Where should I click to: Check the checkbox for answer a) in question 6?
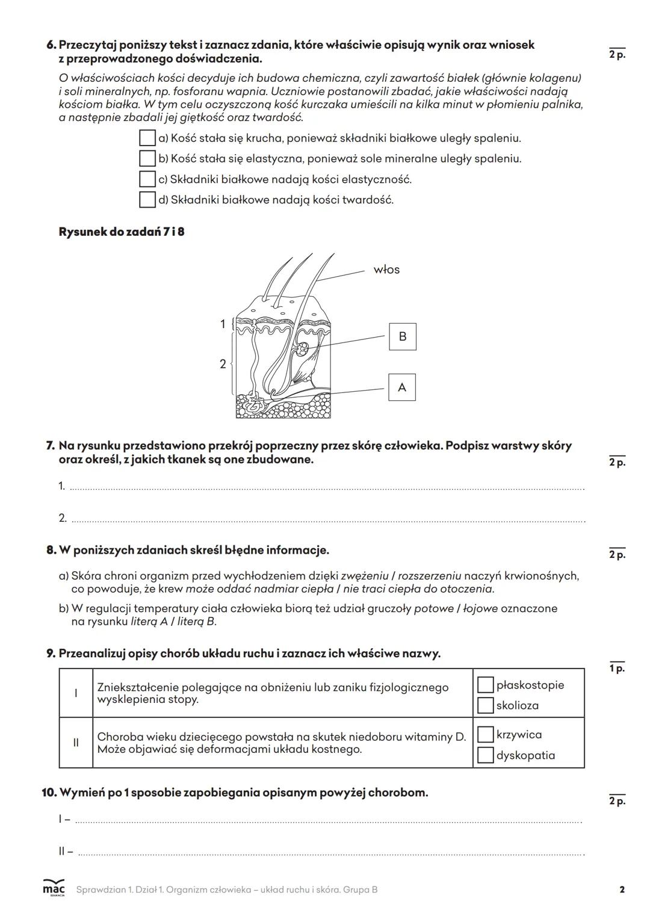tap(147, 138)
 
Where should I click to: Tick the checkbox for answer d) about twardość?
tap(147, 200)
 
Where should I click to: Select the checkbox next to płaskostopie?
tap(485, 685)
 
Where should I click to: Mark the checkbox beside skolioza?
tap(485, 705)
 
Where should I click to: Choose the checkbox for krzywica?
tap(485, 735)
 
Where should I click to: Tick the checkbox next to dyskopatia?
tap(485, 755)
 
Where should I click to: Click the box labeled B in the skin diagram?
tap(403, 336)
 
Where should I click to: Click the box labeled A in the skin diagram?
tap(402, 388)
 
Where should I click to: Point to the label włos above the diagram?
tap(386, 270)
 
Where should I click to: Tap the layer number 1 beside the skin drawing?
tap(223, 324)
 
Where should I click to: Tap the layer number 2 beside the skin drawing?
tap(223, 364)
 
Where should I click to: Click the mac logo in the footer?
tap(54, 889)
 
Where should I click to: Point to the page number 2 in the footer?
tap(622, 890)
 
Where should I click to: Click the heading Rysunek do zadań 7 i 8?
tap(122, 232)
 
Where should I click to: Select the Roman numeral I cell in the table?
tap(76, 693)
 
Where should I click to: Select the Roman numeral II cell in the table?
tap(76, 743)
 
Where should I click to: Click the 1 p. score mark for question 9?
tap(617, 669)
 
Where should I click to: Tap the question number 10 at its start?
tap(48, 793)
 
